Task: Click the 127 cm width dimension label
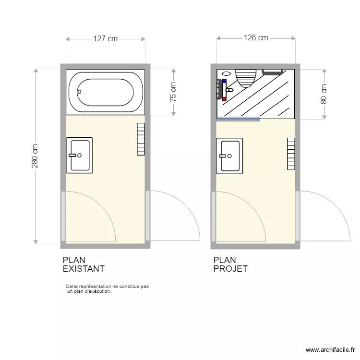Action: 105,39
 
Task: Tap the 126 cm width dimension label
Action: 256,38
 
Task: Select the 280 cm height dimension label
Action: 35,156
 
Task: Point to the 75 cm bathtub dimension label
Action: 173,92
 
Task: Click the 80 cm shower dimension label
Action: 324,94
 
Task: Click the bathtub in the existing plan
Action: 105,92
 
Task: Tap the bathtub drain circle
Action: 80,92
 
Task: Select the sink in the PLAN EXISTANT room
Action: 79,155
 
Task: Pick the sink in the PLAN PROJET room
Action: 229,155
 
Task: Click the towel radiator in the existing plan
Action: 141,139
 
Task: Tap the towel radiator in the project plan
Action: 291,154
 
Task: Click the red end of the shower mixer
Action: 224,98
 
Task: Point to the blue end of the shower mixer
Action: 224,81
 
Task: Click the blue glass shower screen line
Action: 239,119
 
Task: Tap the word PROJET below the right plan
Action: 230,269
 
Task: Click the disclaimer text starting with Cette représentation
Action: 107,288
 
